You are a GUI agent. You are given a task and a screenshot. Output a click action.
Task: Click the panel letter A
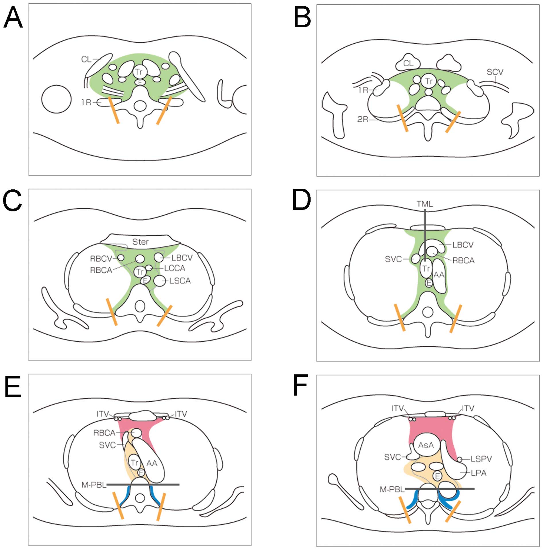coord(13,18)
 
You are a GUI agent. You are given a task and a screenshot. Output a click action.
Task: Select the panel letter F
coord(300,385)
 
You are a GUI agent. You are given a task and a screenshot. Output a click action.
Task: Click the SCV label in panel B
coord(495,72)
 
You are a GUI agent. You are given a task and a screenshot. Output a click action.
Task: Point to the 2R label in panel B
coord(363,119)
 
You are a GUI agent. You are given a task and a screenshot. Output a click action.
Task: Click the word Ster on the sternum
coord(140,242)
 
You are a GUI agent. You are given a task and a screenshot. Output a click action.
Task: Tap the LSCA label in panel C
coord(180,281)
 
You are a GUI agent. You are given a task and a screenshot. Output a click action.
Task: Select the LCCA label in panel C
coord(174,268)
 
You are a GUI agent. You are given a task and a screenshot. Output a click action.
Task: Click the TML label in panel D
coord(425,204)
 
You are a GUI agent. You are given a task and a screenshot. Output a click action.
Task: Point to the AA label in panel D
coord(439,275)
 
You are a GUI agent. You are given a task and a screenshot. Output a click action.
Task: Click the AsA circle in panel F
coord(426,445)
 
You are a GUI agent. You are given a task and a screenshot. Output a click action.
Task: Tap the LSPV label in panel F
coord(481,459)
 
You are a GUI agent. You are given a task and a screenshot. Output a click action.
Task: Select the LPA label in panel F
coord(479,473)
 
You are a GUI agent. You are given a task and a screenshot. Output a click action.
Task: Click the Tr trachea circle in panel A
coord(139,72)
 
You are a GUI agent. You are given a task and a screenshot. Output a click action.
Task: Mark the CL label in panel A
coord(86,59)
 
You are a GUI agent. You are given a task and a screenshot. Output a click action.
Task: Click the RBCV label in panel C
coord(101,259)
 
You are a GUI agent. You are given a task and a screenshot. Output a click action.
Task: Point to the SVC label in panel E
coord(107,445)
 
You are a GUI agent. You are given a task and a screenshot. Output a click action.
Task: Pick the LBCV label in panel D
coord(463,245)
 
